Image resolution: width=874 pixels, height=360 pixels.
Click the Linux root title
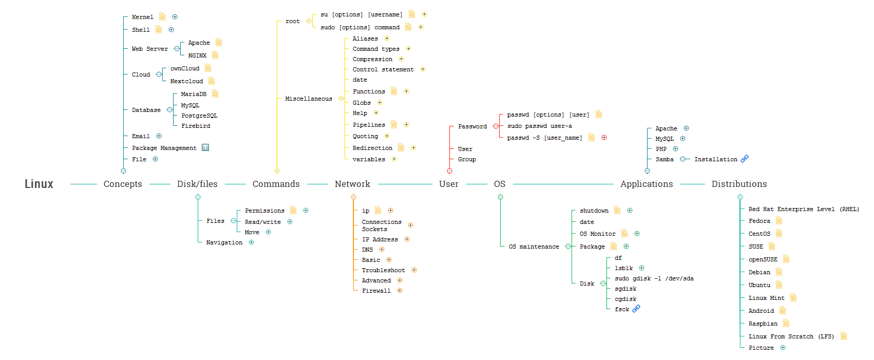point(39,184)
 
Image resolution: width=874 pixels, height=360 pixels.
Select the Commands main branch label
point(276,184)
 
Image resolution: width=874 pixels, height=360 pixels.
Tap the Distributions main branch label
point(739,184)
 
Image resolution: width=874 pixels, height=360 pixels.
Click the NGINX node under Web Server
point(197,55)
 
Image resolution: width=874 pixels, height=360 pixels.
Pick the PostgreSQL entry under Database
point(199,116)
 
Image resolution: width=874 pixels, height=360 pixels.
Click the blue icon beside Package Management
point(205,147)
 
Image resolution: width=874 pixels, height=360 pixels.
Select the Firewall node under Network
point(376,291)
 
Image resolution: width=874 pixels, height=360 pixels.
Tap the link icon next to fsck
point(636,309)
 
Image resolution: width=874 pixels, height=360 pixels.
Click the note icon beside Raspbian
point(786,324)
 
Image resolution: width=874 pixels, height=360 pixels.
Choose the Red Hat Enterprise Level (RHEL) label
point(804,209)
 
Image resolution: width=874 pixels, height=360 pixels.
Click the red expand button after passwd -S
point(604,138)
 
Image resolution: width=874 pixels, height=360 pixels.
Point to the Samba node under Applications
point(664,159)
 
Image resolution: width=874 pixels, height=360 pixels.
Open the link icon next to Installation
point(745,159)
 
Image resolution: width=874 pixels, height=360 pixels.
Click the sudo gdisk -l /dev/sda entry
point(654,278)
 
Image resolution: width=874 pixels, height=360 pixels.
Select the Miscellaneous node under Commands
point(309,99)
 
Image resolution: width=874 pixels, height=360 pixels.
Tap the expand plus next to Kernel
point(175,17)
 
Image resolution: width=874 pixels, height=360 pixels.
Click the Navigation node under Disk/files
point(224,242)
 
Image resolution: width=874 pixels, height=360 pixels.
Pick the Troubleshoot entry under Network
point(383,270)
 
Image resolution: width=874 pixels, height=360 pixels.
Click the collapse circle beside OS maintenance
point(568,247)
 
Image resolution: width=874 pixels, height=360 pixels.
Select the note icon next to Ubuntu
point(779,285)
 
